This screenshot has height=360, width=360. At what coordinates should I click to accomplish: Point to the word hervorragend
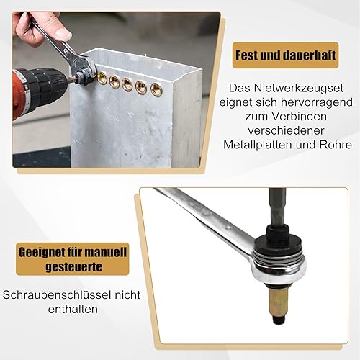click(317, 102)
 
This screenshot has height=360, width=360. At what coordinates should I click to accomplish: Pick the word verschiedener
click(286, 130)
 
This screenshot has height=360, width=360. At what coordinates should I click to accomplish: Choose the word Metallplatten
click(258, 145)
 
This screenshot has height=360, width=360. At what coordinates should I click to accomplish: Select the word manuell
click(106, 253)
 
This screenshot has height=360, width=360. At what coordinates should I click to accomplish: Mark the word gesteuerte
click(74, 267)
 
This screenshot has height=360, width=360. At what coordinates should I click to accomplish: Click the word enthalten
click(73, 309)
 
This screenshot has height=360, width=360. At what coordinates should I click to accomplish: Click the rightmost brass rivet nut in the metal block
click(156, 89)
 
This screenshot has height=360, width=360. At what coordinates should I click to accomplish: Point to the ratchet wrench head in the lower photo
click(279, 264)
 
